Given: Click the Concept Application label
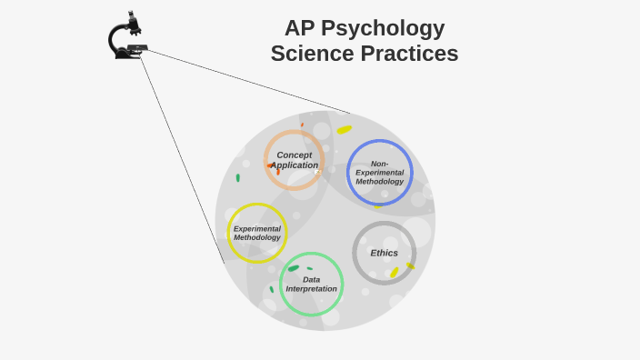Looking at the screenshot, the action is point(294,160).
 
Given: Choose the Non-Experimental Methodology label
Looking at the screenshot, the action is point(379,173).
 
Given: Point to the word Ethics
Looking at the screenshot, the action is point(384,253).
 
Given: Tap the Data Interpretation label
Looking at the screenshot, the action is point(311,285).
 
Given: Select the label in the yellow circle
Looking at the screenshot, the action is point(257,233).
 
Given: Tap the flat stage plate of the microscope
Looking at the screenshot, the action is point(136,46).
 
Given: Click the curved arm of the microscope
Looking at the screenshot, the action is point(114,38).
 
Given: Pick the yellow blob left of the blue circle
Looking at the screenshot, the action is point(344,130).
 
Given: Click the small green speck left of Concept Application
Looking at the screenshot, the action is point(238,178).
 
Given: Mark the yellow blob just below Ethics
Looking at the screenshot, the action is point(395,272).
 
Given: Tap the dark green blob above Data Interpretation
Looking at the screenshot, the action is point(294,268).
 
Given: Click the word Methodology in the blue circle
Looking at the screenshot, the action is point(379,182).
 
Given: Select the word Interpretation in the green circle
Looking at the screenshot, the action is point(311,289).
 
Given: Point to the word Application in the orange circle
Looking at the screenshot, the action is point(294,165).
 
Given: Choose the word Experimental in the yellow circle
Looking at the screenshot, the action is point(257,228).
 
